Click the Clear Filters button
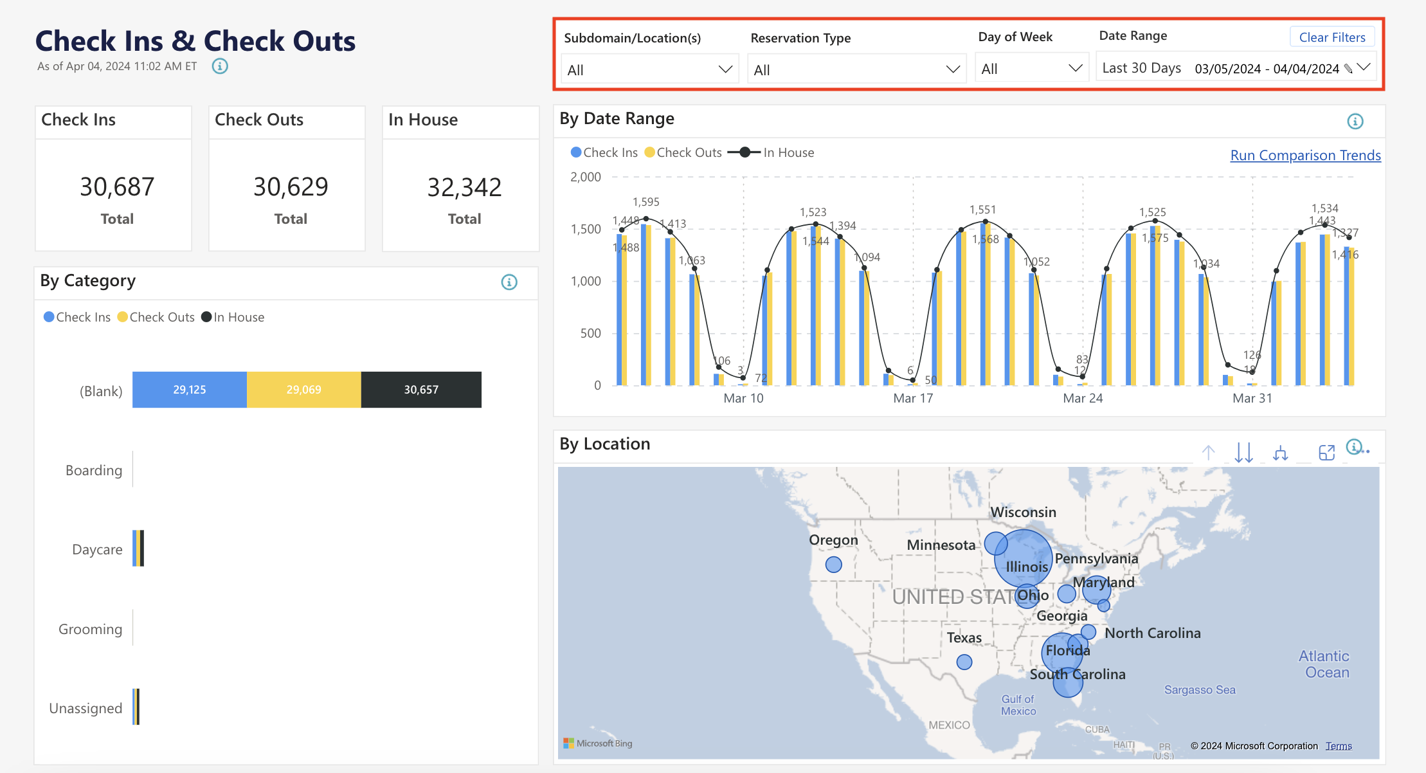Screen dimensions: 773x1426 pos(1331,37)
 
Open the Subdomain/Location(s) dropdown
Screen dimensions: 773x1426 pos(649,69)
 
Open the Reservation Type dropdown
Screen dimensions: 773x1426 pos(856,69)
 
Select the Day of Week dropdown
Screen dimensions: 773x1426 pos(1031,69)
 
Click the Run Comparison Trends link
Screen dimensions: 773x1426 pos(1305,156)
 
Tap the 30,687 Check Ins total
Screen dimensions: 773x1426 pos(117,187)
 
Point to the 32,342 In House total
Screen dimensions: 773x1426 pos(464,188)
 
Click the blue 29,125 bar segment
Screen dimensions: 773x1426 pos(190,390)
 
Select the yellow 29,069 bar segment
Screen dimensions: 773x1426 pos(303,390)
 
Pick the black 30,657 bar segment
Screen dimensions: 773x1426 pos(421,390)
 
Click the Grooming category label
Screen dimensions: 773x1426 pos(90,629)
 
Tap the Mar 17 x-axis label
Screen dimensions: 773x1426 pos(913,398)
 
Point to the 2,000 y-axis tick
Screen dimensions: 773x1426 pos(586,177)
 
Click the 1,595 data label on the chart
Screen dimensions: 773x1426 pos(646,202)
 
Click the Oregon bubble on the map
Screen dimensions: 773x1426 pos(834,565)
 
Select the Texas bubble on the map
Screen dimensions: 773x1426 pos(964,662)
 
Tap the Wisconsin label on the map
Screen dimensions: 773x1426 pos(1023,513)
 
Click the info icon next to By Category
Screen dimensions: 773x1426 pos(509,282)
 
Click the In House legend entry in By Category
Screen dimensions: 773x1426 pos(233,317)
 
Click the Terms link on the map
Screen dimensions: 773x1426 pos(1339,746)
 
